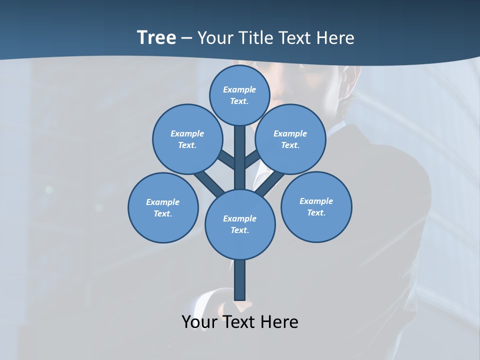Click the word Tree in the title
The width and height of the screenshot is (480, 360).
point(156,37)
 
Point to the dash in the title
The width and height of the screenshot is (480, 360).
point(187,38)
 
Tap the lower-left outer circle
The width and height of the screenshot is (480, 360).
point(163,208)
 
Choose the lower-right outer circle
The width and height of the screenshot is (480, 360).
point(316,207)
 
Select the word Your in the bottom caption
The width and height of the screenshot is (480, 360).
point(199,321)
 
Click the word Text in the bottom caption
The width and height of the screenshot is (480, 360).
point(239,321)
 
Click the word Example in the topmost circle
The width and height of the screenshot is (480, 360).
point(239,89)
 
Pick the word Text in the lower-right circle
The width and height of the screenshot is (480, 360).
point(316,212)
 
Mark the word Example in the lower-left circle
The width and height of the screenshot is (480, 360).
point(162,202)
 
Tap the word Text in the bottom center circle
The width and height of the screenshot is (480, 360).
point(239,230)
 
